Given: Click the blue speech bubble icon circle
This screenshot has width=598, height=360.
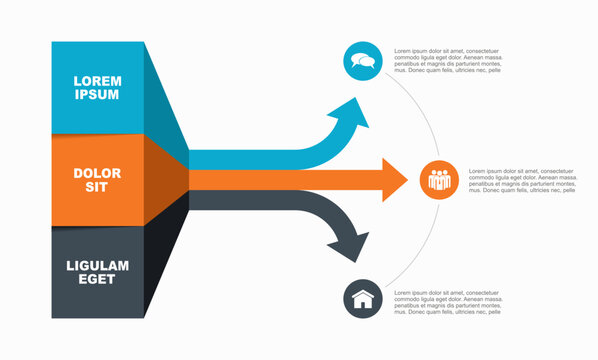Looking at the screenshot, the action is pyautogui.click(x=362, y=61).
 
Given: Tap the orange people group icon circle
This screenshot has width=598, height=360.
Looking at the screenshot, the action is pyautogui.click(x=439, y=180).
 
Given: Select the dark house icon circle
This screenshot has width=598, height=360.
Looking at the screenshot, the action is pyautogui.click(x=362, y=299).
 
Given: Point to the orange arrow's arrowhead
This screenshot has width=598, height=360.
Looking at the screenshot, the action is pyautogui.click(x=393, y=180).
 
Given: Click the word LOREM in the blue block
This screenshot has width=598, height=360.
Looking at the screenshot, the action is pyautogui.click(x=97, y=80).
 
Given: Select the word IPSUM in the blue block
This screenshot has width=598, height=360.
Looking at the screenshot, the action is pyautogui.click(x=97, y=95).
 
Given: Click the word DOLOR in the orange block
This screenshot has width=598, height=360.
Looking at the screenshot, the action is pyautogui.click(x=97, y=173).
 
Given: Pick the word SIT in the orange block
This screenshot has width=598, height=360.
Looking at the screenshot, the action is pyautogui.click(x=97, y=188).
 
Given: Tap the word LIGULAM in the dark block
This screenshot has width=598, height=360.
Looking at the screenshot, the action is pyautogui.click(x=97, y=265).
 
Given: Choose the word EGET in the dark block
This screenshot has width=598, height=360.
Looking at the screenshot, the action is pyautogui.click(x=97, y=281).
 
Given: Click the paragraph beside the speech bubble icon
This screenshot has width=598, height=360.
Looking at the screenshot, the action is pyautogui.click(x=447, y=61).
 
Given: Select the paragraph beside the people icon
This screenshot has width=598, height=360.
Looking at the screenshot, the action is pyautogui.click(x=522, y=180).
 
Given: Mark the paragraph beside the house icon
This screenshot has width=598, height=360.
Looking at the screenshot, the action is pyautogui.click(x=447, y=303).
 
